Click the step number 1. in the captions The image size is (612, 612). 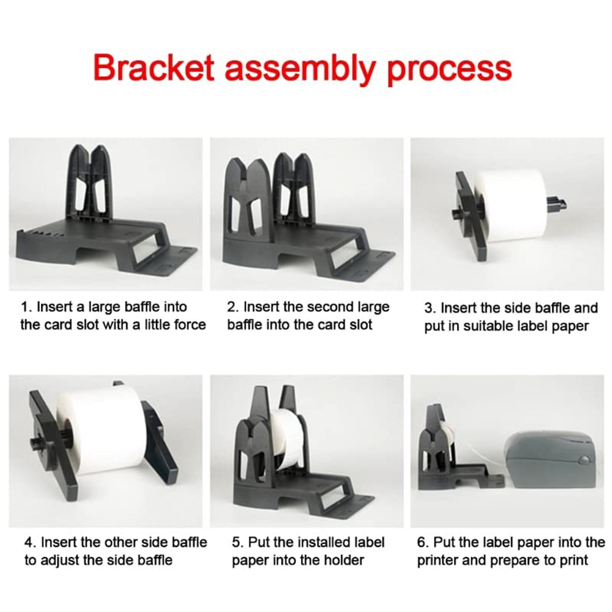coord(27,307)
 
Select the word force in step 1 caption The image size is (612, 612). coord(189,324)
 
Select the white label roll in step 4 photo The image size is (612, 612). coord(99,428)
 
